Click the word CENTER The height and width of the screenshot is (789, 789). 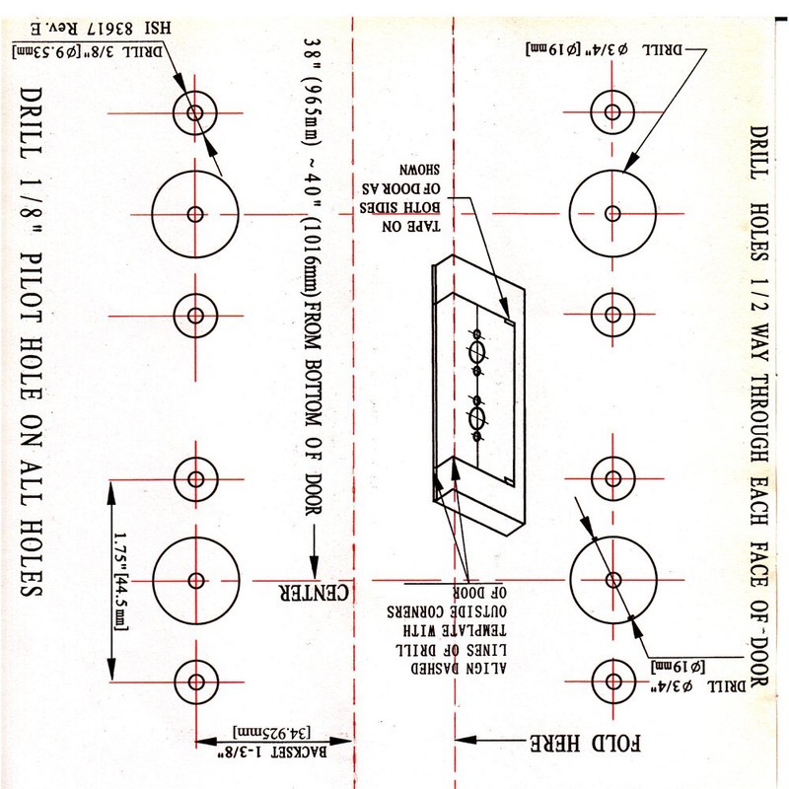[314, 593]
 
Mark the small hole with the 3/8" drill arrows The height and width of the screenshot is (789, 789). [195, 110]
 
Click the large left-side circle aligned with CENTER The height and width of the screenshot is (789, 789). [195, 579]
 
